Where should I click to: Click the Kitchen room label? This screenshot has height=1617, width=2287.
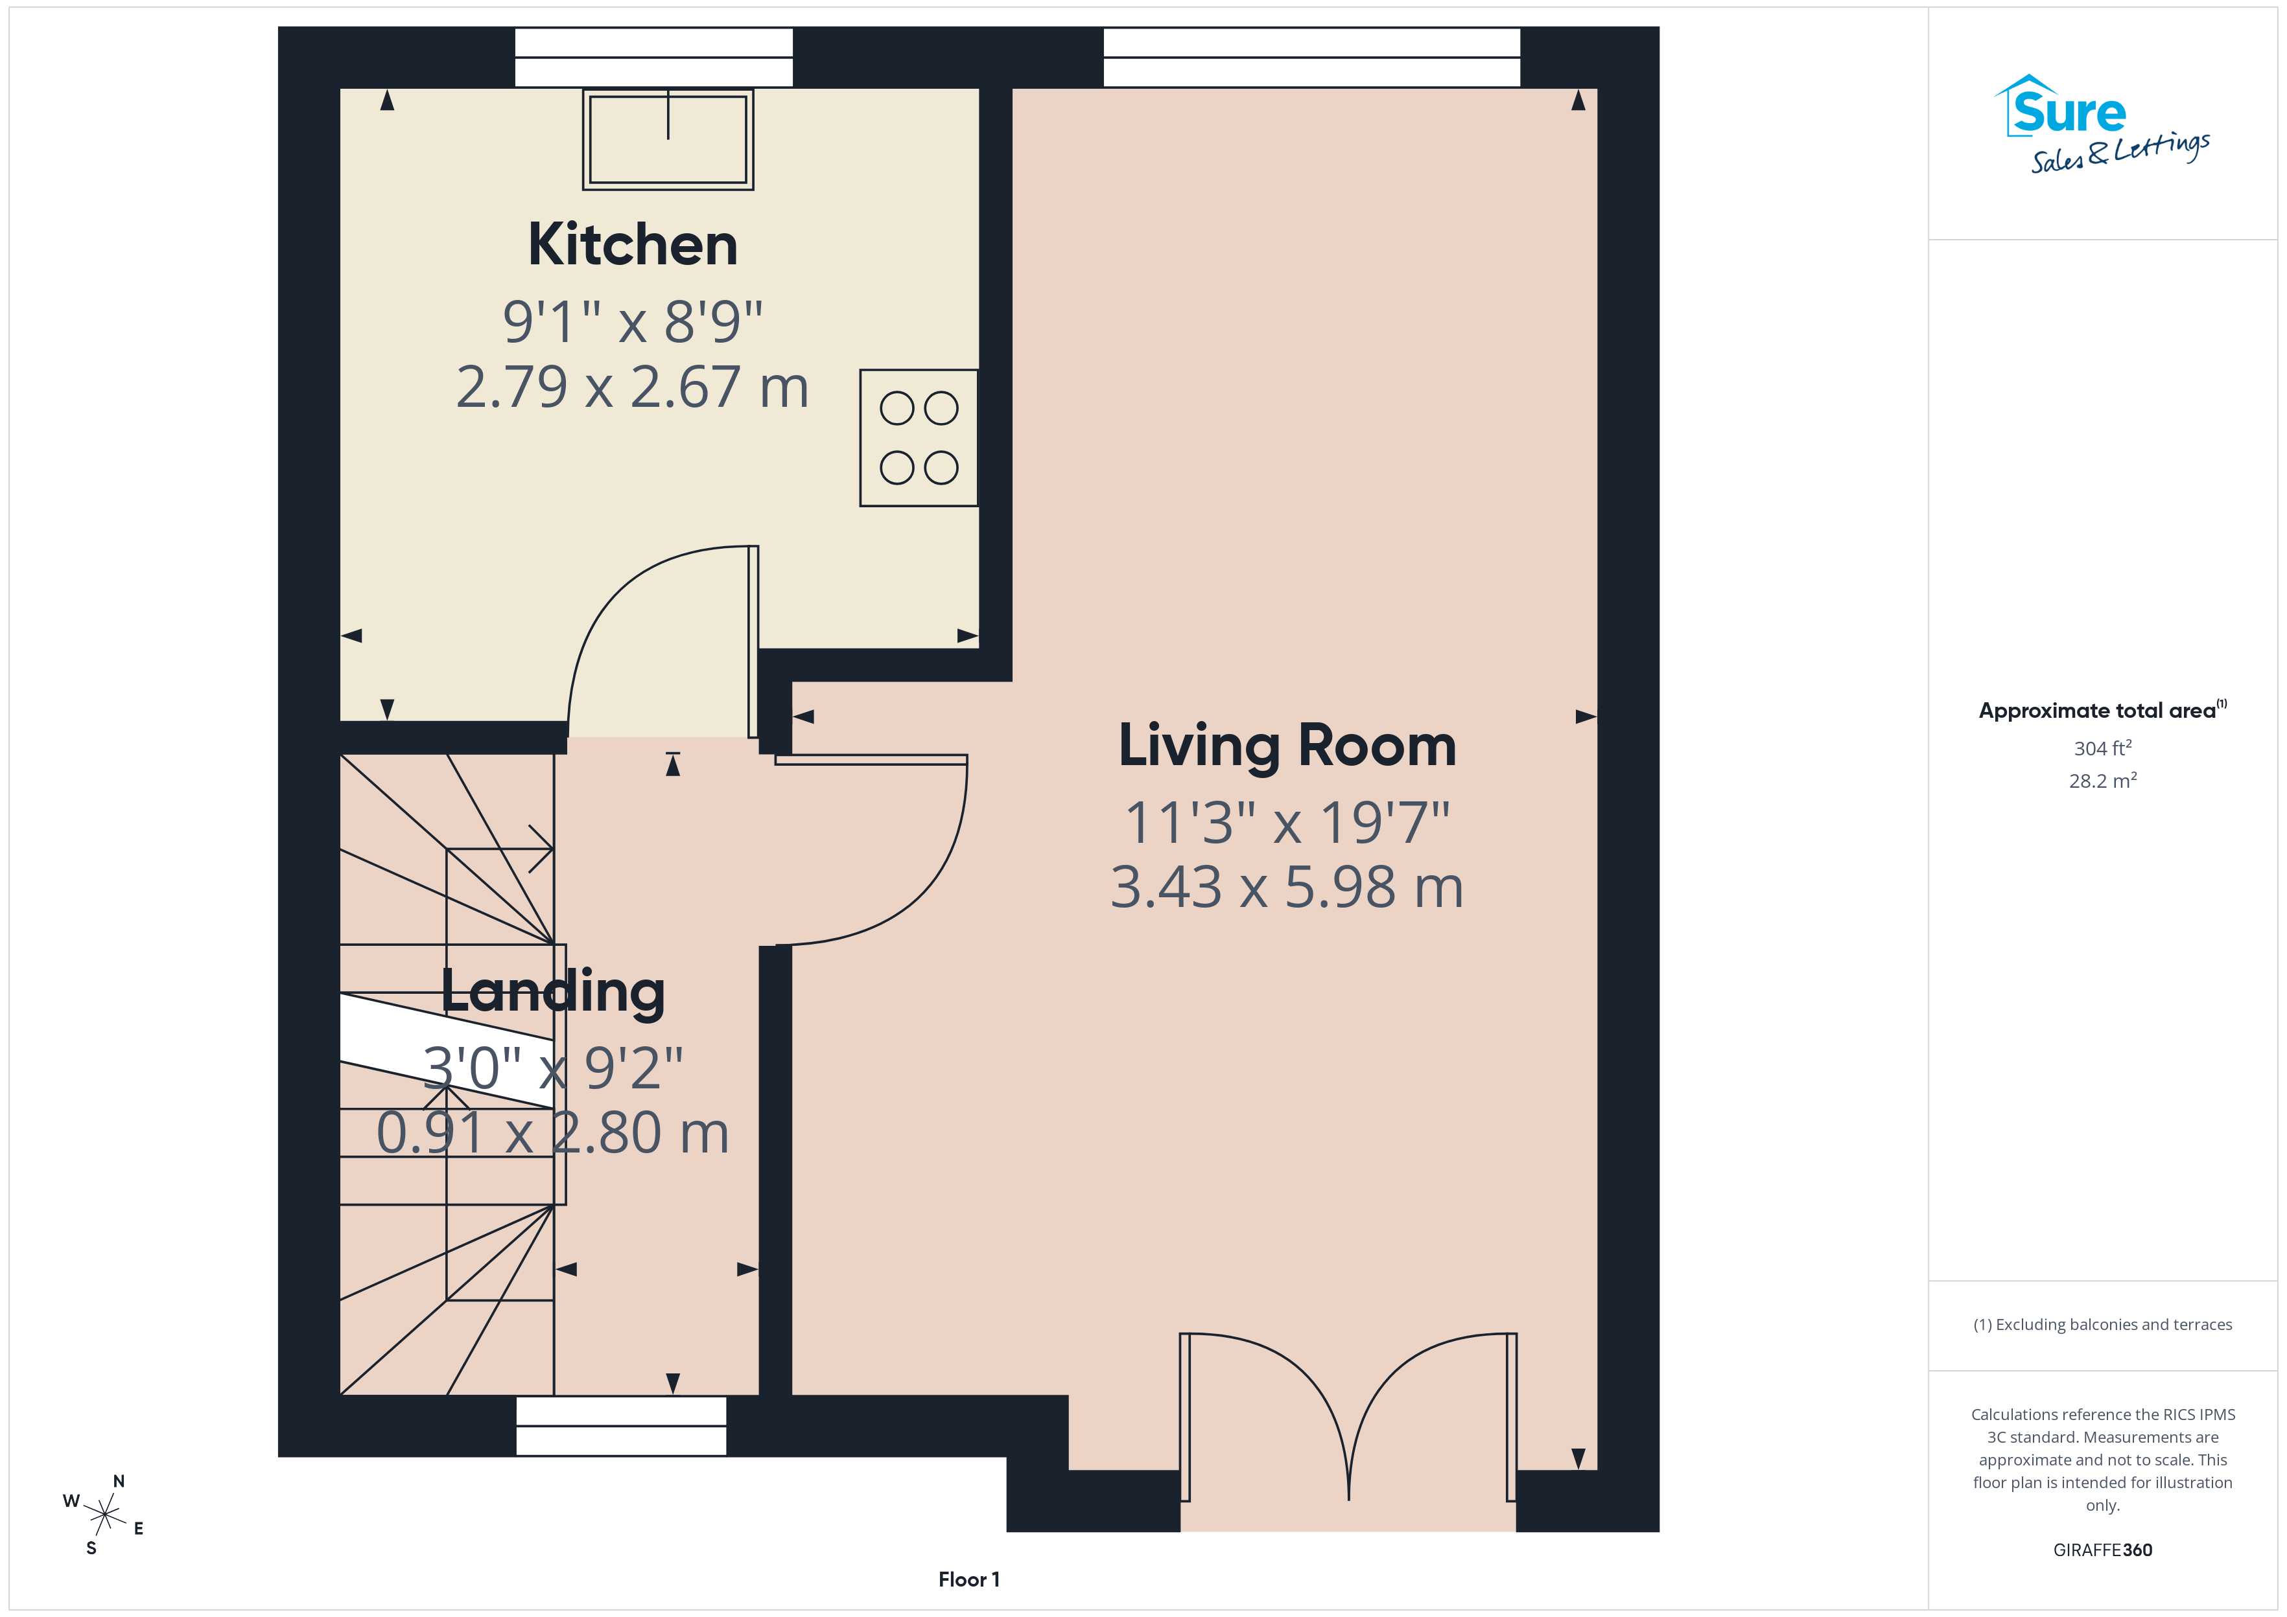633,245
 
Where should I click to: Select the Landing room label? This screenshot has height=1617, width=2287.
553,992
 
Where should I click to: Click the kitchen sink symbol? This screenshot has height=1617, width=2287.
668,139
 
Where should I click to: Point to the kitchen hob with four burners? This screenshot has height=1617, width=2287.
919,438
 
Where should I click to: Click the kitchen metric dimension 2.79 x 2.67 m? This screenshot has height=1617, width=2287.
633,387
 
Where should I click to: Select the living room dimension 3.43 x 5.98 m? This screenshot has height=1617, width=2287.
1287,887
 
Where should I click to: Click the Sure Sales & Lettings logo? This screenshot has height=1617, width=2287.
2102,124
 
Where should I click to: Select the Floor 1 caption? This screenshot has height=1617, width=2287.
968,1579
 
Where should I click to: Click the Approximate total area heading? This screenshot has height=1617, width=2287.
2102,710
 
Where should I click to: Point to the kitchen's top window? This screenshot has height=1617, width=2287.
653,58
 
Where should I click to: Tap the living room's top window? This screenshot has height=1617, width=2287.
1312,58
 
